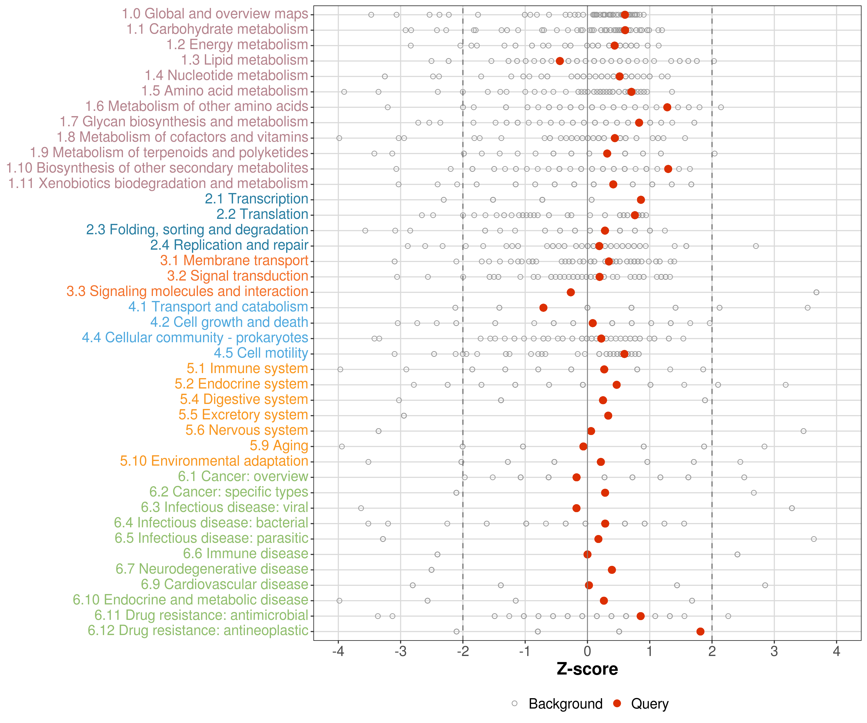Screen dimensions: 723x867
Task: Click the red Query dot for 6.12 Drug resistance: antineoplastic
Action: tap(700, 631)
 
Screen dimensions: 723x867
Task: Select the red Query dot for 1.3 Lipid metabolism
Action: tap(560, 61)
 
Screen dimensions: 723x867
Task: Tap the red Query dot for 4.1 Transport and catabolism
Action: tap(543, 308)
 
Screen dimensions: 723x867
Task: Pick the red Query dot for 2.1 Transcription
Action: tap(641, 200)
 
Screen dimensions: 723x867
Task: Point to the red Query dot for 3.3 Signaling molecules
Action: tap(571, 293)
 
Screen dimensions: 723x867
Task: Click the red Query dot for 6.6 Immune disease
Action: tap(587, 555)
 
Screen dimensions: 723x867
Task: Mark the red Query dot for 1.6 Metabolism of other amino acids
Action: tap(667, 107)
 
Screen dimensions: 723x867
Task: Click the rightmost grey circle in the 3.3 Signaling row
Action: tap(816, 293)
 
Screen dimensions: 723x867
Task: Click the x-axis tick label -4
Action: tap(338, 652)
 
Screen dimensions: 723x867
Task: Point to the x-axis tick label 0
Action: tap(587, 652)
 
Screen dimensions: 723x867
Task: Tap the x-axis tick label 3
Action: tap(774, 652)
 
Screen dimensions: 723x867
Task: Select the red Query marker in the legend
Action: tap(617, 703)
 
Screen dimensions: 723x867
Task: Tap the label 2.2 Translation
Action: tap(262, 214)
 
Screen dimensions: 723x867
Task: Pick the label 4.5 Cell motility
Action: tap(261, 353)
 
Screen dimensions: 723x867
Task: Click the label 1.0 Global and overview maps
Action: tap(215, 14)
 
